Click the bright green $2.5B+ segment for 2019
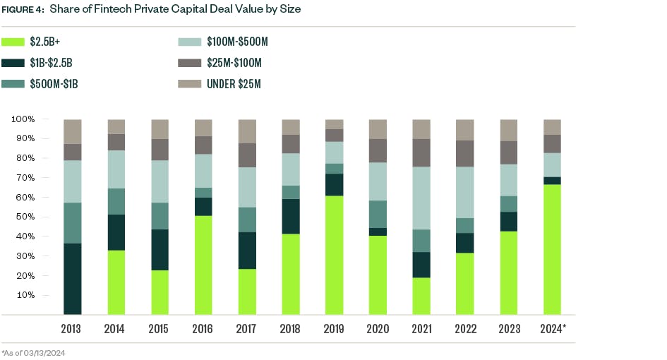coord(334,255)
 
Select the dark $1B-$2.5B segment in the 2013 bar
coord(73,279)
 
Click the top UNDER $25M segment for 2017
coord(246,131)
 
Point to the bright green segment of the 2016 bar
coord(203,265)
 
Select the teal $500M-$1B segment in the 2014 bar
coord(116,202)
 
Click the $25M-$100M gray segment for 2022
coord(465,154)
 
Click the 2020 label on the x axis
coord(378,330)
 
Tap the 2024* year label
coord(553,330)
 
